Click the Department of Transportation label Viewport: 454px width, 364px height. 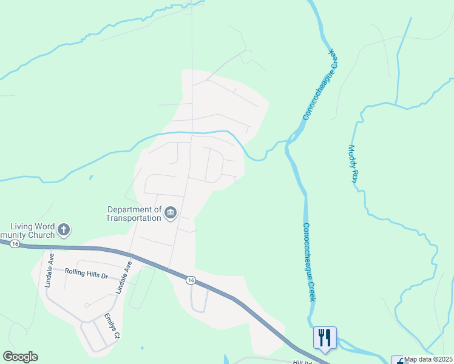click(133, 213)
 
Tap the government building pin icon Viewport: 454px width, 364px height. click(171, 212)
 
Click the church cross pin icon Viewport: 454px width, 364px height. click(64, 229)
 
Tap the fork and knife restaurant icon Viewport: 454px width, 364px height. click(324, 337)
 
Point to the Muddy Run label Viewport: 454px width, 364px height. click(351, 164)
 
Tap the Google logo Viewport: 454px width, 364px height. click(20, 357)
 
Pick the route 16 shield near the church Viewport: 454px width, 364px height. click(15, 243)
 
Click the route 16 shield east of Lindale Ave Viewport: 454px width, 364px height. click(191, 280)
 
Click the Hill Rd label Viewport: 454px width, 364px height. click(302, 362)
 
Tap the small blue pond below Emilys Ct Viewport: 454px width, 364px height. click(226, 359)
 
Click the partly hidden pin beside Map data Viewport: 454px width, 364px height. click(398, 360)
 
